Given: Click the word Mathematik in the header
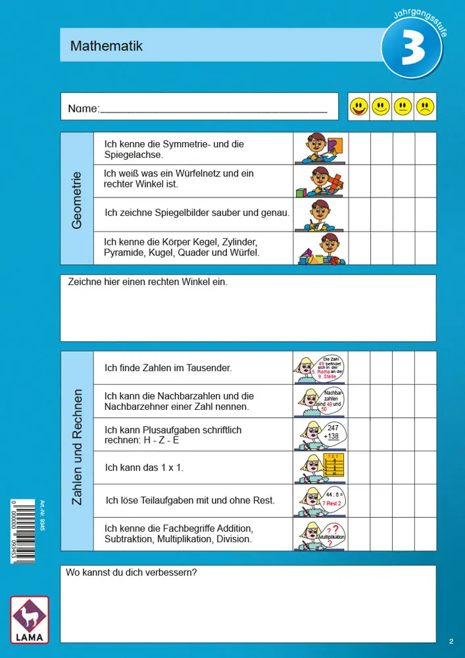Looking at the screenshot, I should pos(107,46).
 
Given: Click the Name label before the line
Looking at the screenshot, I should pos(83,109).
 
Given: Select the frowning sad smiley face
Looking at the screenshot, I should pos(425,107).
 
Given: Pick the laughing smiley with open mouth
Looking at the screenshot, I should pos(358,107).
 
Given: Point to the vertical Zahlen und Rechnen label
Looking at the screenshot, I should pos(77,447).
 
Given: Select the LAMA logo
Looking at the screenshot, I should pos(29,620).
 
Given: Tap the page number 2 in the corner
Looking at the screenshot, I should pos(451,640).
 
